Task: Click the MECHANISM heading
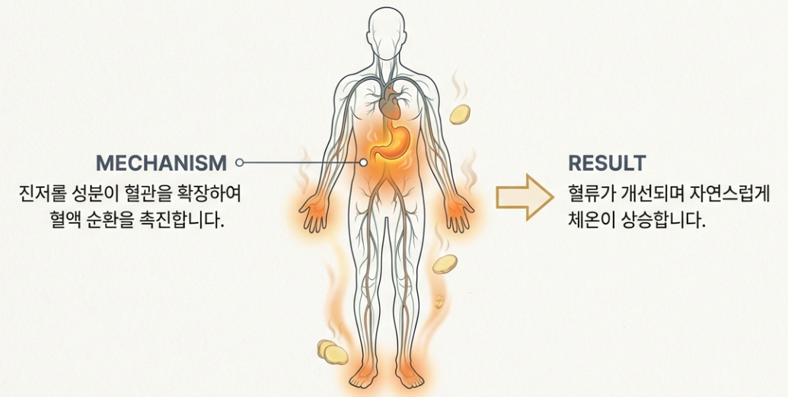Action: (161, 162)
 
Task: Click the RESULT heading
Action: (607, 163)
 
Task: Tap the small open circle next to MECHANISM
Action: (239, 162)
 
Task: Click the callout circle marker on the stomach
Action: (365, 162)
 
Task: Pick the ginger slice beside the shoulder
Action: (459, 114)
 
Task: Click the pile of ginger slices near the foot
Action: (332, 351)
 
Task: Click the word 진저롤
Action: (41, 192)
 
